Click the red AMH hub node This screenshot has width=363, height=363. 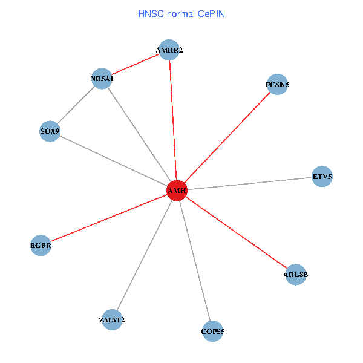[177, 191]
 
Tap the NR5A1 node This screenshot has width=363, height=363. [102, 79]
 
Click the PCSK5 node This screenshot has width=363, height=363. [277, 85]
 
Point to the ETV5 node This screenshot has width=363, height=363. [322, 177]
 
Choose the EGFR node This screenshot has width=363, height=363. [41, 246]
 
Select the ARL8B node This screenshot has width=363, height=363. [295, 275]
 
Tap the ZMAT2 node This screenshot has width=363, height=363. [112, 320]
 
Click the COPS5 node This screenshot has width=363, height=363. [212, 331]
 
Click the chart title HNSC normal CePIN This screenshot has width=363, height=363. [181, 13]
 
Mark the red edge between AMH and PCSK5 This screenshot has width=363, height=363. [227, 138]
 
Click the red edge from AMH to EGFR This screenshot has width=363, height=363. [109, 218]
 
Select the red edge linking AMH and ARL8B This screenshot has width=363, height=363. [236, 233]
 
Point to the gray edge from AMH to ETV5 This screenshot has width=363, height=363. [249, 184]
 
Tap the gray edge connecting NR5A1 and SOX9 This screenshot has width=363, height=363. [76, 105]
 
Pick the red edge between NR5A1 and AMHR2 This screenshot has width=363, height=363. [136, 65]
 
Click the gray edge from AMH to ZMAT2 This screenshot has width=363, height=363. [144, 255]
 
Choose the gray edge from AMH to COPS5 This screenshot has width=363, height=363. [195, 261]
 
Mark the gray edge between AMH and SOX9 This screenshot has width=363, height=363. [113, 161]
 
